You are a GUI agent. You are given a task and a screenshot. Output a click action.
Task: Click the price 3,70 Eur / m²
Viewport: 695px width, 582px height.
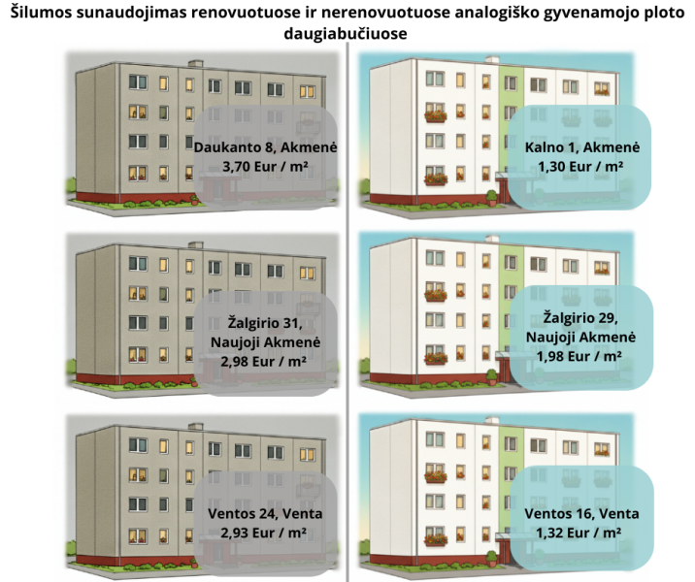tap(265, 167)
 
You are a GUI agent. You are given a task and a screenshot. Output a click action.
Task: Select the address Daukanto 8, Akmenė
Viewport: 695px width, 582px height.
tap(265, 147)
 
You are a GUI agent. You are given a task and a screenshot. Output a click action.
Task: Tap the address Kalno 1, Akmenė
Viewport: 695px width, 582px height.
tap(582, 147)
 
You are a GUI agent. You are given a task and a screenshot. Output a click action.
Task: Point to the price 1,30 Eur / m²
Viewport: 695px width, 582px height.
tap(580, 167)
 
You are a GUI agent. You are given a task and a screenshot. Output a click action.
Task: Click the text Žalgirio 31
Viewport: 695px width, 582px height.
tap(265, 322)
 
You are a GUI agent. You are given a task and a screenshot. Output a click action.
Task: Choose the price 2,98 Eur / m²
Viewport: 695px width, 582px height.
tap(264, 362)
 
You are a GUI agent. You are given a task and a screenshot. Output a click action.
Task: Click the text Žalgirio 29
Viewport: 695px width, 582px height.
tap(580, 317)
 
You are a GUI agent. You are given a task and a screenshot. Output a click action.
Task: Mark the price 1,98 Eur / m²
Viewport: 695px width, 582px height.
tap(579, 356)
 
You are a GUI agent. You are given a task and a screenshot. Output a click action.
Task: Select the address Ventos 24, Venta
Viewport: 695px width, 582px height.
tap(265, 514)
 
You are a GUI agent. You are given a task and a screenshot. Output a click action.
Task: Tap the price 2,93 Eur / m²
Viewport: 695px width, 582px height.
tap(264, 533)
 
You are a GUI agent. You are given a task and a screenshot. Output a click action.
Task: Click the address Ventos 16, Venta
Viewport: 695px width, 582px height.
tap(581, 514)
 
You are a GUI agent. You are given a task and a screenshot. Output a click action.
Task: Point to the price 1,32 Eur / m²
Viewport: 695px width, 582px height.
tap(579, 533)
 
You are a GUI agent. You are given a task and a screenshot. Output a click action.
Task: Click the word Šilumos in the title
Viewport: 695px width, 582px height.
tap(41, 13)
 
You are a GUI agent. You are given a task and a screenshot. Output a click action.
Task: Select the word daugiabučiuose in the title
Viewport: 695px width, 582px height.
tap(346, 33)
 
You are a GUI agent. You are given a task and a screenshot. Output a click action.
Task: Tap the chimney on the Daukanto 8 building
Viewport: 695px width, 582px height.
tap(195, 64)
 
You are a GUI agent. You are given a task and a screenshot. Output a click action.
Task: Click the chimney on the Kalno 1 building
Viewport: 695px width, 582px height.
tap(492, 60)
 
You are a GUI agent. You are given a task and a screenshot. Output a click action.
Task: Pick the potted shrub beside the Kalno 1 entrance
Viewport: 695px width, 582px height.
tap(491, 199)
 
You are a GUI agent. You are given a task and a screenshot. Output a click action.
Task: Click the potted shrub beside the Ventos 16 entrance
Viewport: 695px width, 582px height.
tap(491, 558)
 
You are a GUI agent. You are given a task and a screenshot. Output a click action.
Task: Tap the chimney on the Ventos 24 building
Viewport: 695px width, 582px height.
tap(195, 427)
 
